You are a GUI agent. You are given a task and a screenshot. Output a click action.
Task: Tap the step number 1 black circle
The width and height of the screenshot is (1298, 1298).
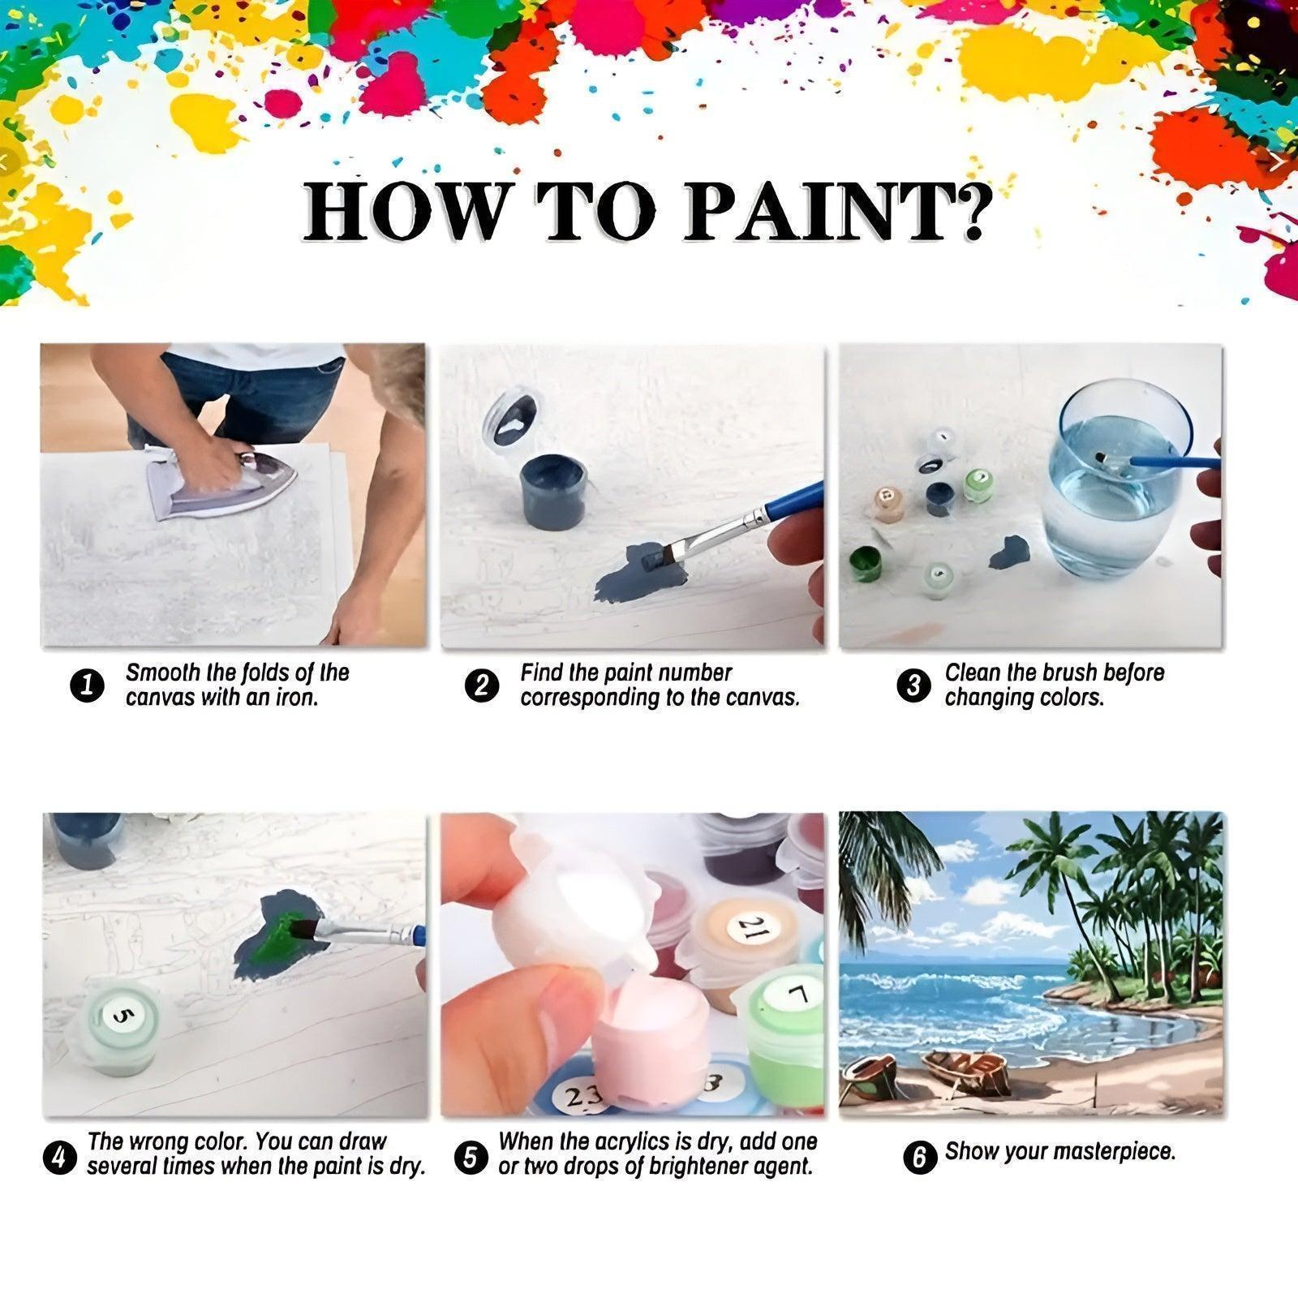click(88, 686)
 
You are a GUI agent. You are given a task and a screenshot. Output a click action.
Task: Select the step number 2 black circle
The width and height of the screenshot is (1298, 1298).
click(482, 686)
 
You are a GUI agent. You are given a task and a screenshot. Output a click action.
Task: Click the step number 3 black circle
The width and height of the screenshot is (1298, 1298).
click(913, 686)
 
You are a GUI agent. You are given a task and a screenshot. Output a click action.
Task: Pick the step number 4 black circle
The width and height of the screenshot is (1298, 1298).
click(58, 1157)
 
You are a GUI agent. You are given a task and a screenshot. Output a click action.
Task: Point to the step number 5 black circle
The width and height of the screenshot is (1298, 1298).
click(471, 1157)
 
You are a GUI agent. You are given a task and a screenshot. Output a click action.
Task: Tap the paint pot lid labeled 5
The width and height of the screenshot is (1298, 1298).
click(122, 1014)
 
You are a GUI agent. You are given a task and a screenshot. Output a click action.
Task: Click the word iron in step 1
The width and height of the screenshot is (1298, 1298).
click(295, 698)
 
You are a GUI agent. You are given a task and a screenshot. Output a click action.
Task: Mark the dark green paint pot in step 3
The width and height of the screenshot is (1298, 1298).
click(866, 563)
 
